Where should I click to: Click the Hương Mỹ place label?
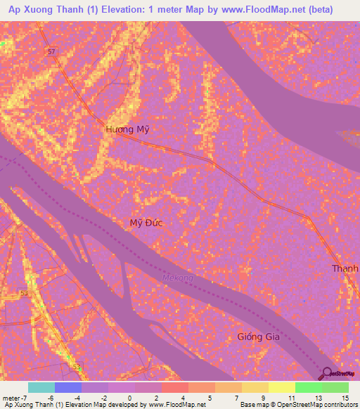(x=127, y=130)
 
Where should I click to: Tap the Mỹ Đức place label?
(x=146, y=223)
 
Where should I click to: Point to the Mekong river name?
(x=178, y=279)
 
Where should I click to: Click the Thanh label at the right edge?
(x=345, y=268)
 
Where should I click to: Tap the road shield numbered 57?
(x=51, y=52)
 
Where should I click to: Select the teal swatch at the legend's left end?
(x=41, y=387)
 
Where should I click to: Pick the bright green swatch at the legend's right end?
(x=335, y=387)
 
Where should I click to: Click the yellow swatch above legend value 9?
(x=255, y=387)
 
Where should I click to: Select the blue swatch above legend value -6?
(x=68, y=387)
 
